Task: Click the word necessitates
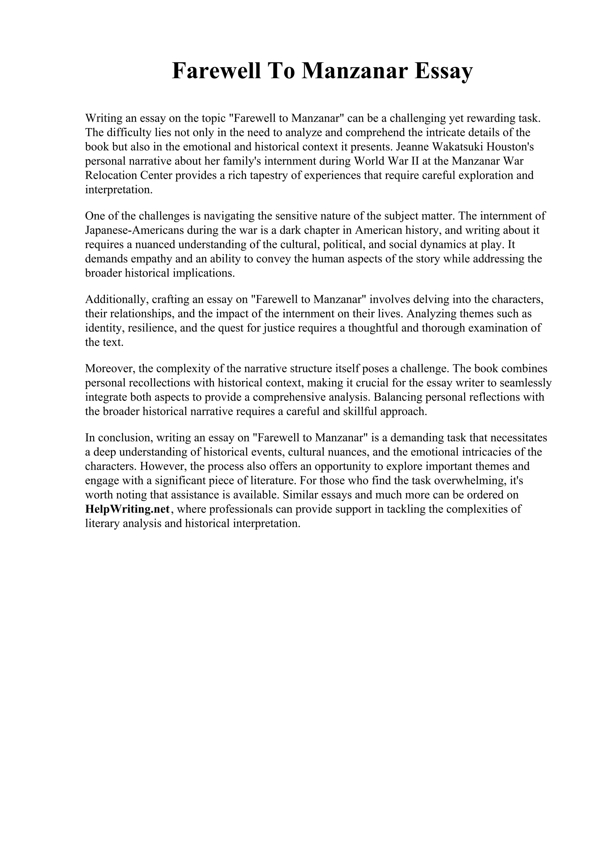tap(519, 437)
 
